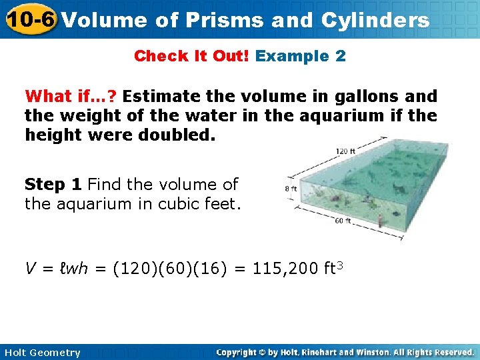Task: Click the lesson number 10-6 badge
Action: coord(30,19)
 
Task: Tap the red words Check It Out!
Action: coord(192,56)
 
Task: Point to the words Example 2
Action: coord(301,56)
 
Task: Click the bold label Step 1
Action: coord(54,184)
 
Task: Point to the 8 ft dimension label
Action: coord(291,189)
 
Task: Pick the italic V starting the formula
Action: coord(31,269)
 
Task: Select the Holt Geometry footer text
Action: coord(41,353)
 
